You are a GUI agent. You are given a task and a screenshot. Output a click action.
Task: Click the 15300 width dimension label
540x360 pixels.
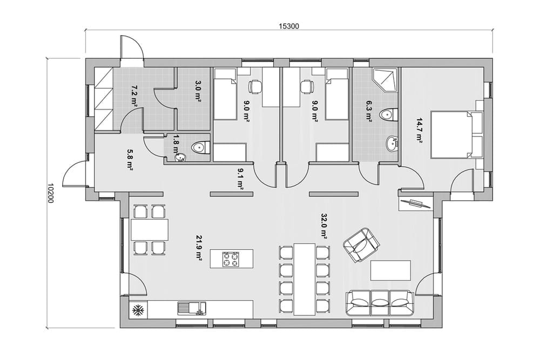(x=288, y=26)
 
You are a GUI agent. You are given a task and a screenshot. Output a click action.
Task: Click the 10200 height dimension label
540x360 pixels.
(x=50, y=193)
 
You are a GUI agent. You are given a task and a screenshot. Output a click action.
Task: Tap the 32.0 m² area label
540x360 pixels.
(x=323, y=226)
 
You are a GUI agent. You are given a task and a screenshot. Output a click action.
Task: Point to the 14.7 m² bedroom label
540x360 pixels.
(x=419, y=131)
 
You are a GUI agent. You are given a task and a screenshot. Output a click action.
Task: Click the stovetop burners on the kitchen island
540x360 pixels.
(x=231, y=259)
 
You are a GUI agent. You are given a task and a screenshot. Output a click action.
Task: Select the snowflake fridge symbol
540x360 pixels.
(x=138, y=311)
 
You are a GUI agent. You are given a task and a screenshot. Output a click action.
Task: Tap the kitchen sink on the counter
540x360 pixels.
(x=192, y=308)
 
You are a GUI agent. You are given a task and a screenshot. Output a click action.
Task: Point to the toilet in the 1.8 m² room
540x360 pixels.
(x=200, y=147)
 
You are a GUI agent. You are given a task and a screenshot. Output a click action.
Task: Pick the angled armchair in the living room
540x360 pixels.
(x=361, y=244)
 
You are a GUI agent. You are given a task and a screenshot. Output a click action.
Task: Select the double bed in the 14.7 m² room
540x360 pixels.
(x=451, y=134)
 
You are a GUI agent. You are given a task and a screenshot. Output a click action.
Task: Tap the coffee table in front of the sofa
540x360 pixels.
(x=390, y=270)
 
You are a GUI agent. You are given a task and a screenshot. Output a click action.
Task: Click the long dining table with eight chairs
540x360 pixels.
(x=305, y=279)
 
